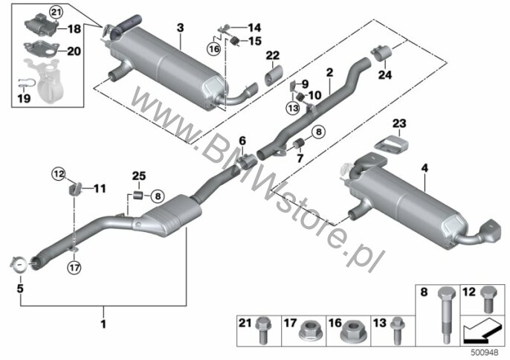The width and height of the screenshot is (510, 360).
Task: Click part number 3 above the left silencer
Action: [x=180, y=28]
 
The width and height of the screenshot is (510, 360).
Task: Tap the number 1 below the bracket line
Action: [x=103, y=325]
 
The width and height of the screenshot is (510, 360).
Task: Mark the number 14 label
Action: [x=244, y=28]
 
